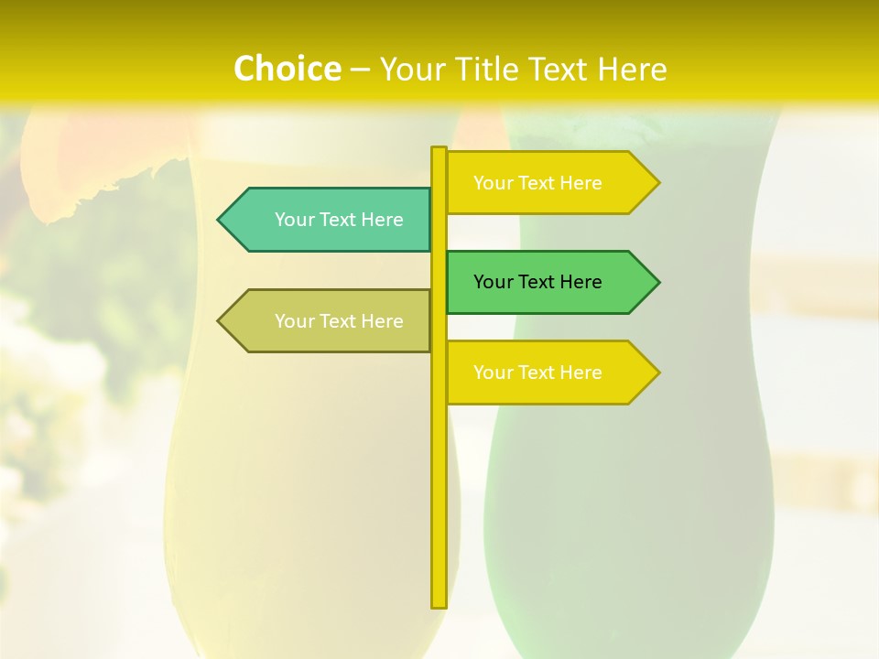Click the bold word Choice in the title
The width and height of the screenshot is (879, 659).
[x=287, y=69]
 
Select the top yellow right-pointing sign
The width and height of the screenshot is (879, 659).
[x=549, y=183]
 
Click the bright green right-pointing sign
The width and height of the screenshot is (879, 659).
[x=549, y=282]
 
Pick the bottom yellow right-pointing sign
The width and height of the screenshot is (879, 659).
[x=549, y=373]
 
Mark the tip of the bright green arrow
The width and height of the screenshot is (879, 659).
[x=657, y=282]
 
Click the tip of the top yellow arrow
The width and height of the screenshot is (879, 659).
[x=657, y=183]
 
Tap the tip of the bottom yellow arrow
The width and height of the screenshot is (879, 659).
[x=657, y=373]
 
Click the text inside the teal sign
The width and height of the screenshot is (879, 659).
[x=339, y=220]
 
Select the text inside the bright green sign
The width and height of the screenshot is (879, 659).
[x=537, y=282]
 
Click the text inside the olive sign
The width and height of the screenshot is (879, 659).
[x=339, y=321]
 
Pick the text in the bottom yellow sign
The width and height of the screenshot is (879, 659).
[x=537, y=373]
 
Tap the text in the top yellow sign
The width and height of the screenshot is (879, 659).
[x=537, y=183]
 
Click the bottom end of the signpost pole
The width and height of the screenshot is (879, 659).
[x=439, y=604]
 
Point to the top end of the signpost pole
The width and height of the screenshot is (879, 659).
[x=439, y=150]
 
